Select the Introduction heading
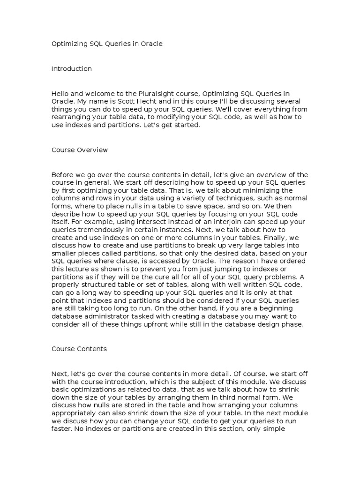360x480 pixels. point(71,69)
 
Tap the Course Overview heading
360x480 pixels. point(79,150)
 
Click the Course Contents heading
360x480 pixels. point(79,349)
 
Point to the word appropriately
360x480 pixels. point(76,413)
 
